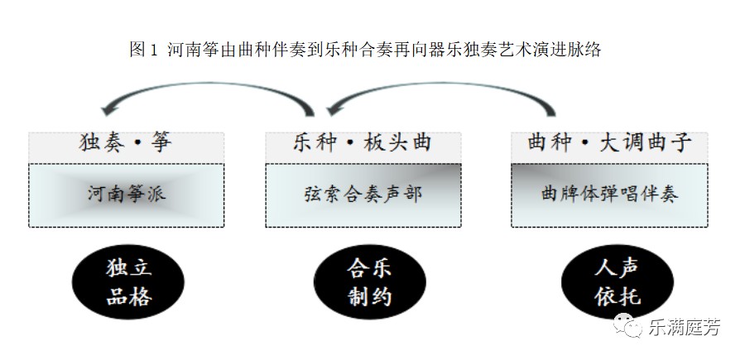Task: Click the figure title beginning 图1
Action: point(365,50)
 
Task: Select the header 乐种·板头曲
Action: point(362,143)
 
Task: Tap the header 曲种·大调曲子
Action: point(609,143)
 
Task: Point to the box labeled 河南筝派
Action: point(125,194)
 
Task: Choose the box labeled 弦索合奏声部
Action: point(363,194)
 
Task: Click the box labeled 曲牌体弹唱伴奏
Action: point(608,194)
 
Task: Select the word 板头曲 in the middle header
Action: point(401,143)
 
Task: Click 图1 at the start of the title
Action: point(143,50)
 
